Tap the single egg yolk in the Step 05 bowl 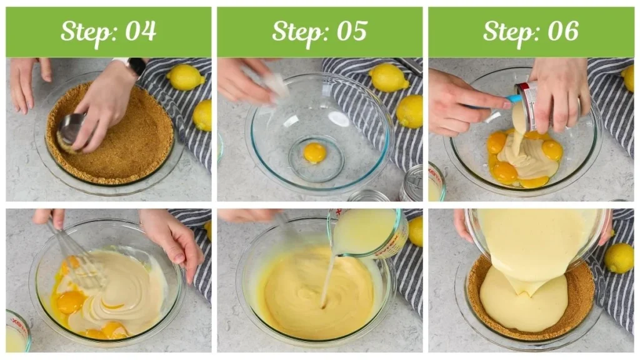pos(314,152)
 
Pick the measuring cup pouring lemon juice pos(369,232)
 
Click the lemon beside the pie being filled pos(619,257)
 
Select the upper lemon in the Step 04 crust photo pos(186,77)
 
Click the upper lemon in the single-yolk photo pos(388,78)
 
